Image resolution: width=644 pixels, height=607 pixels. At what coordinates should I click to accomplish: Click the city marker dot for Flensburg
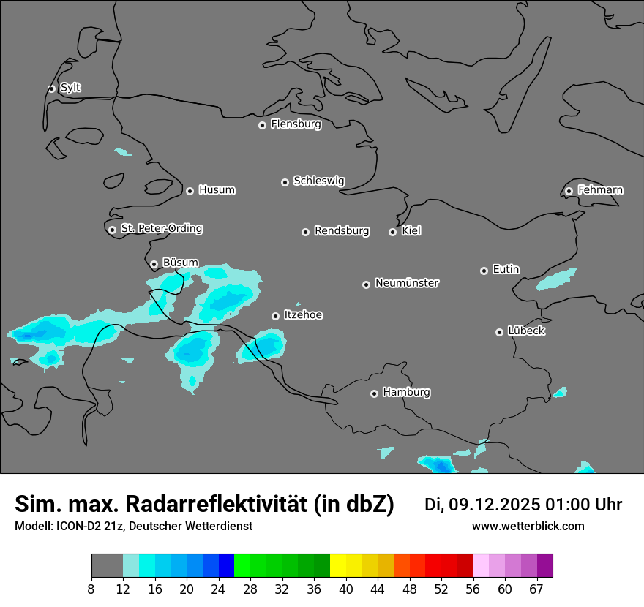click(262, 125)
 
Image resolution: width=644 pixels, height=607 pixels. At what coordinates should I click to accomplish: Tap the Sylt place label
click(70, 88)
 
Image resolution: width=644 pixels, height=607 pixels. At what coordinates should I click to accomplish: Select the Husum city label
click(217, 190)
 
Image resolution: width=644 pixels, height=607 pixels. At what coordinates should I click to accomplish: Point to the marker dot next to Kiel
click(392, 232)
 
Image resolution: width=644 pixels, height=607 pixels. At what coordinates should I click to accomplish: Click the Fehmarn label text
click(600, 190)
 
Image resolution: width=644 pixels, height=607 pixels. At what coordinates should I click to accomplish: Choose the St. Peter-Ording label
click(161, 229)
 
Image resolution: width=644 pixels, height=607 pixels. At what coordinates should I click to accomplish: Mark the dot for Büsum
click(154, 264)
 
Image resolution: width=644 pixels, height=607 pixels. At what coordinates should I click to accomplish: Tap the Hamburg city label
click(406, 392)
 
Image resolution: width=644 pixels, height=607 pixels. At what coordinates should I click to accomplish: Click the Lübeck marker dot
click(499, 332)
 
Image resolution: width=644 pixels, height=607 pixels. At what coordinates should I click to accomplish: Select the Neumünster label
click(407, 283)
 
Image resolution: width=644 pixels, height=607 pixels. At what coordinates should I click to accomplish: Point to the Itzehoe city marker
click(275, 316)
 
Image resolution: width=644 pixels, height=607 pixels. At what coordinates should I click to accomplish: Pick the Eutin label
click(506, 269)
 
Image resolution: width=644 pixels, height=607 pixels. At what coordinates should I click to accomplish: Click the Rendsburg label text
click(342, 231)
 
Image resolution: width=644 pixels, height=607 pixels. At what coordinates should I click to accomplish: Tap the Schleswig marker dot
click(285, 182)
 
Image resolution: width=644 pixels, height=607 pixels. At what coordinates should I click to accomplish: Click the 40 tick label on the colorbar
click(346, 589)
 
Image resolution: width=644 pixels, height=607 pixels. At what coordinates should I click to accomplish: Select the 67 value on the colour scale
click(536, 589)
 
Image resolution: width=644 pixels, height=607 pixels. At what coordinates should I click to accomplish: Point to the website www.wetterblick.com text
click(528, 526)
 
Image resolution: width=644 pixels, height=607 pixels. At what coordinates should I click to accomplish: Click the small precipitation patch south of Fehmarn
click(558, 279)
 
